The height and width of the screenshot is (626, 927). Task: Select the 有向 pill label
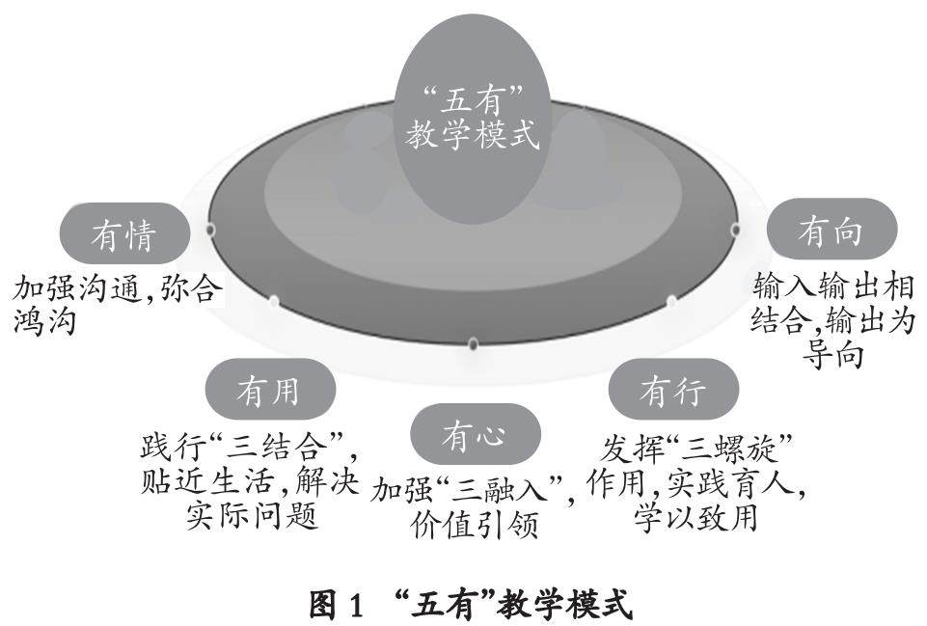[x=831, y=231]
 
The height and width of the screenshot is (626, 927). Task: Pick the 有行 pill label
[x=673, y=391]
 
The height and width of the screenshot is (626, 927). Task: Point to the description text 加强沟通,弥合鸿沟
[x=116, y=304]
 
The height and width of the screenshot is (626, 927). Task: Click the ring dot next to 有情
[x=209, y=230]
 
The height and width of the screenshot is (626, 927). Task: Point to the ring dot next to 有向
[x=735, y=230]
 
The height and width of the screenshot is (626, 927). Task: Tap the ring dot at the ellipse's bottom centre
[x=473, y=343]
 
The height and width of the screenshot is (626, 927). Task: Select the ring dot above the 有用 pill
[x=274, y=302]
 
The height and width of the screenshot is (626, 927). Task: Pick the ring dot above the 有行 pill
[x=671, y=302]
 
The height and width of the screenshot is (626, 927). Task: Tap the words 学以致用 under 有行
[x=695, y=516]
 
